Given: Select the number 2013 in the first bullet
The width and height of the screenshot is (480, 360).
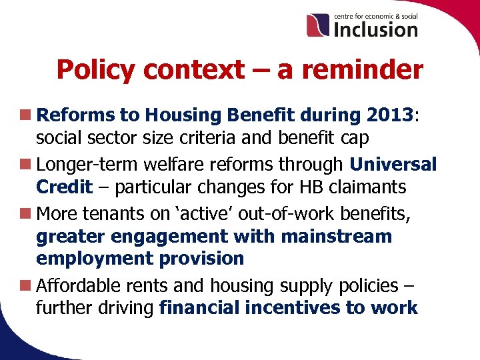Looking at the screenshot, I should pos(389,115).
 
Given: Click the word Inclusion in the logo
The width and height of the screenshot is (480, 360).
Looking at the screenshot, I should pos(375,29).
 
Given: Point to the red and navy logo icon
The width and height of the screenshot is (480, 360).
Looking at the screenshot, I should pos(318,25).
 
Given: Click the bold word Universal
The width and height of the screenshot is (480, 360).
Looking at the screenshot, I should pos(393,164).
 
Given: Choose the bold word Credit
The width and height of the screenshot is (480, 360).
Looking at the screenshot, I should pos(64,187).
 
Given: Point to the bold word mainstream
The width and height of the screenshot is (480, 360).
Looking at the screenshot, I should pos(337,237).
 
